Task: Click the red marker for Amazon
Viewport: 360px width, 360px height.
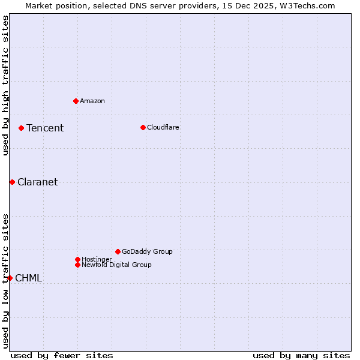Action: coord(76,101)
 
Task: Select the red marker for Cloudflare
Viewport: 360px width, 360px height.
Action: coord(143,127)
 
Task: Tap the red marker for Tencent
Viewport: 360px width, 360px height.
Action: coord(21,128)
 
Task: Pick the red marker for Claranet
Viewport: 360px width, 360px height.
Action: coord(12,182)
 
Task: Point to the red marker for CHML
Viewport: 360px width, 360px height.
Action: coord(10,278)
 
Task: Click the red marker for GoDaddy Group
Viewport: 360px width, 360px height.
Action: coord(118,251)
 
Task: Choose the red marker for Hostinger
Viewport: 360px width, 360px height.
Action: coord(77,259)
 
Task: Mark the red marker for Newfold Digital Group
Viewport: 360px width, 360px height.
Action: coord(77,265)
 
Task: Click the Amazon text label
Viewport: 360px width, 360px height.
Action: coord(92,101)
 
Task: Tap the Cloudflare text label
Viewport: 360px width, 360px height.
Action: coord(163,127)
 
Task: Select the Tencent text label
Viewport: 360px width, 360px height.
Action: coord(45,128)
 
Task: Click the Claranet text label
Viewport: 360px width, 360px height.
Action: coord(38,182)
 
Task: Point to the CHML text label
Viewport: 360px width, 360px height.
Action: coord(28,278)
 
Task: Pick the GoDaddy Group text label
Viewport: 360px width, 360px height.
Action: coord(147,251)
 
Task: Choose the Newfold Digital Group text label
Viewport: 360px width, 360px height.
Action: coord(117,265)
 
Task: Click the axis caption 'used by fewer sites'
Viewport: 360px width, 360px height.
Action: coord(62,355)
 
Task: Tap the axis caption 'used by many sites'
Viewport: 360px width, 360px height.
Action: coord(301,355)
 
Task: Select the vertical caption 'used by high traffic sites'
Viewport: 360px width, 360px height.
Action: coord(5,85)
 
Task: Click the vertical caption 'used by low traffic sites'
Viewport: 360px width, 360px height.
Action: coord(5,281)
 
